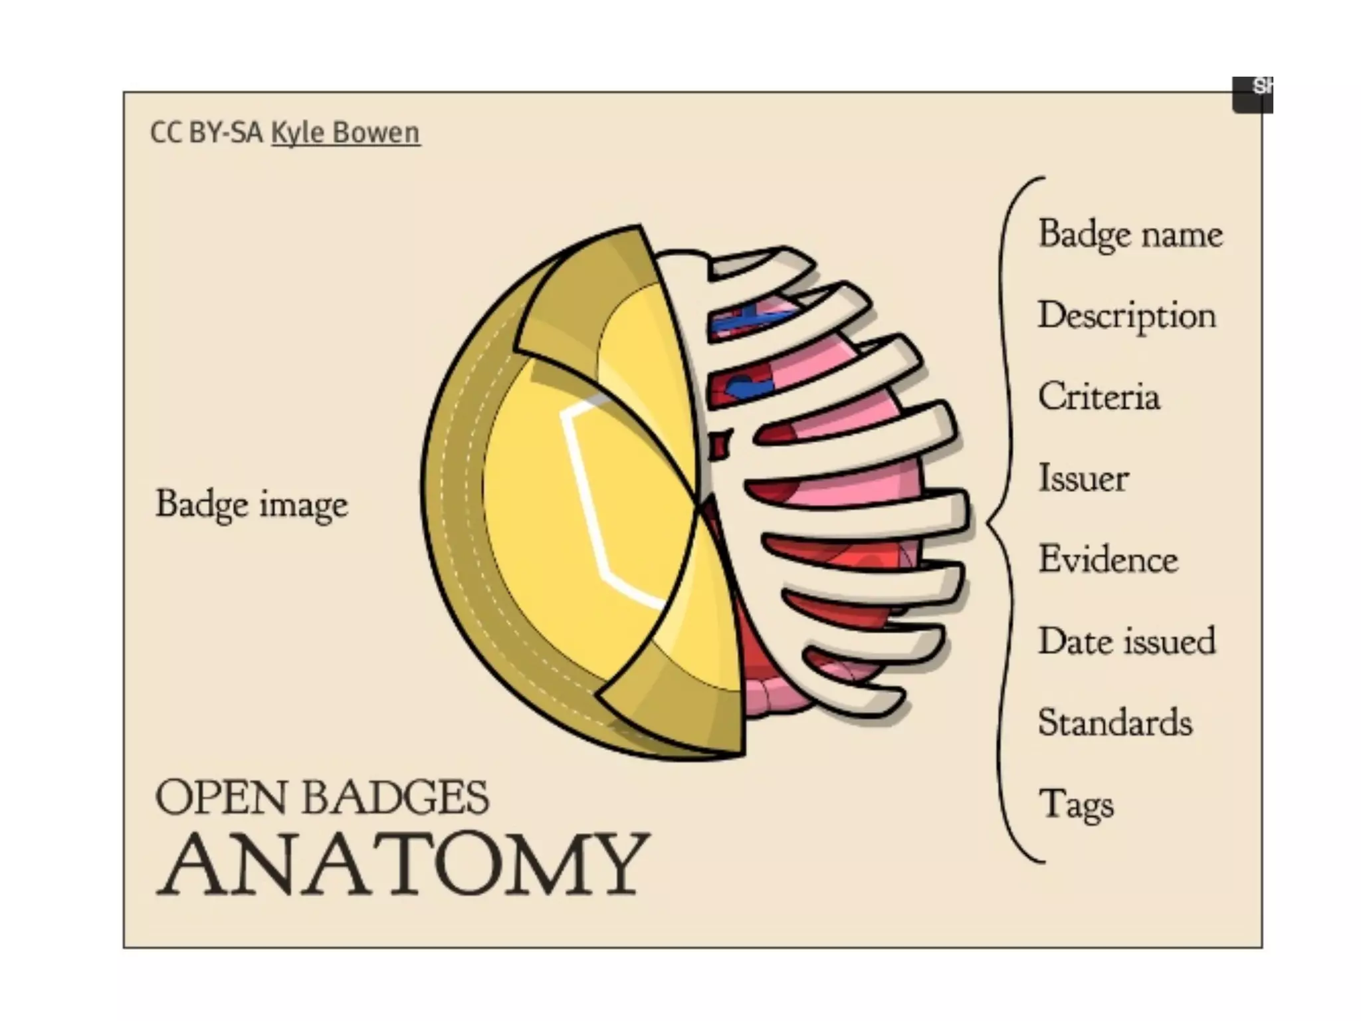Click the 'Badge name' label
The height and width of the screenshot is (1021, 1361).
click(1130, 235)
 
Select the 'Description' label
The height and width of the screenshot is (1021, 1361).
click(1126, 316)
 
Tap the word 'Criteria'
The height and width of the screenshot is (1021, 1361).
click(1099, 397)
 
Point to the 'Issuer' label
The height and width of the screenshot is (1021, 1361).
click(1083, 478)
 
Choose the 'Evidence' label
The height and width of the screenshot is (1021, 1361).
click(1108, 559)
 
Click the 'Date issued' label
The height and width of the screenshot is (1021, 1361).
click(1126, 641)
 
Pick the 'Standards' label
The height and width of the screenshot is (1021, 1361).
click(1114, 723)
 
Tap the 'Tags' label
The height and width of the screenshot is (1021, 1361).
click(1075, 804)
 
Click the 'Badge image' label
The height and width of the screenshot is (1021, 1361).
click(251, 504)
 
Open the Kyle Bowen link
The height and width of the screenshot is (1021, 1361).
click(346, 133)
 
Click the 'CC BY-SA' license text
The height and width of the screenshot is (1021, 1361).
click(206, 133)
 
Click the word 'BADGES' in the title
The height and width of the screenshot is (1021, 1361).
click(396, 798)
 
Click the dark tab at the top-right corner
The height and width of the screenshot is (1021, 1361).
click(1253, 95)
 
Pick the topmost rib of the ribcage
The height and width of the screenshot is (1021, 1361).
click(764, 262)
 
